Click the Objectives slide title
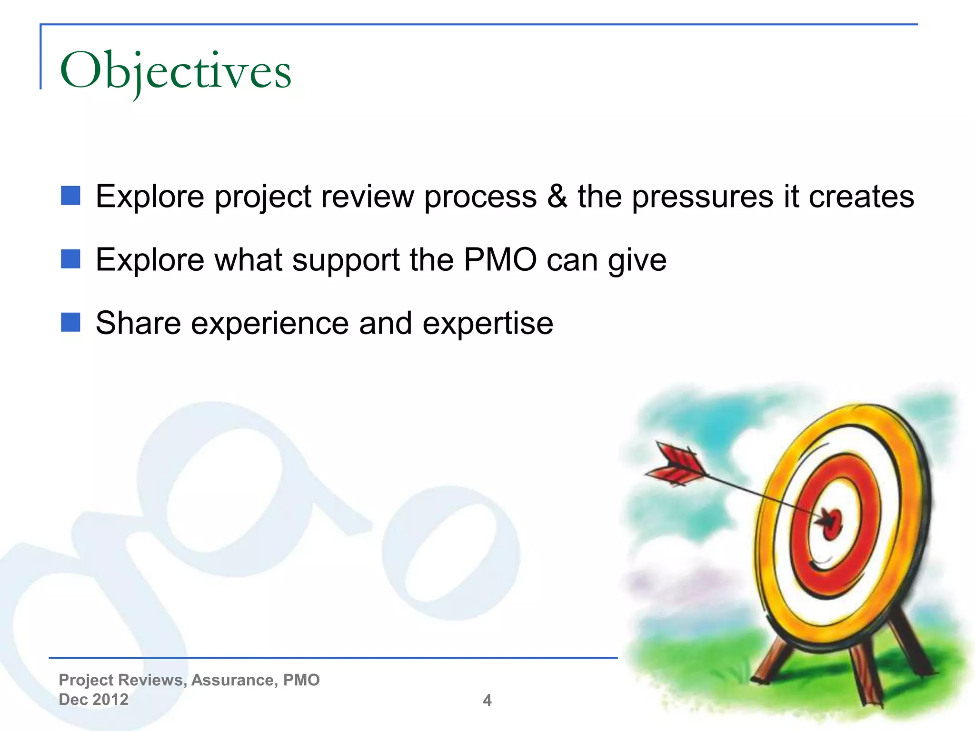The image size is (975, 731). point(175,71)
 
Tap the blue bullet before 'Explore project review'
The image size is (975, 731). point(70,196)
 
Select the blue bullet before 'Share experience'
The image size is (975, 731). point(70,323)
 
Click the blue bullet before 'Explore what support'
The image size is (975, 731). point(70,259)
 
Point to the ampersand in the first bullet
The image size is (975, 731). point(557,196)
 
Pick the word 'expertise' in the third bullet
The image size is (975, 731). point(487,324)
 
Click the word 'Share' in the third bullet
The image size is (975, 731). point(138,323)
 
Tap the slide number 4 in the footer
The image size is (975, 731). point(487,700)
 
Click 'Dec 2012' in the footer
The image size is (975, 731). point(93,699)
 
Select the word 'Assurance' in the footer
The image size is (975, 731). point(232,680)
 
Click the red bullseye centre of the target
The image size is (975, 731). point(832,524)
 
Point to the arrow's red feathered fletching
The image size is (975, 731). point(676,464)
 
